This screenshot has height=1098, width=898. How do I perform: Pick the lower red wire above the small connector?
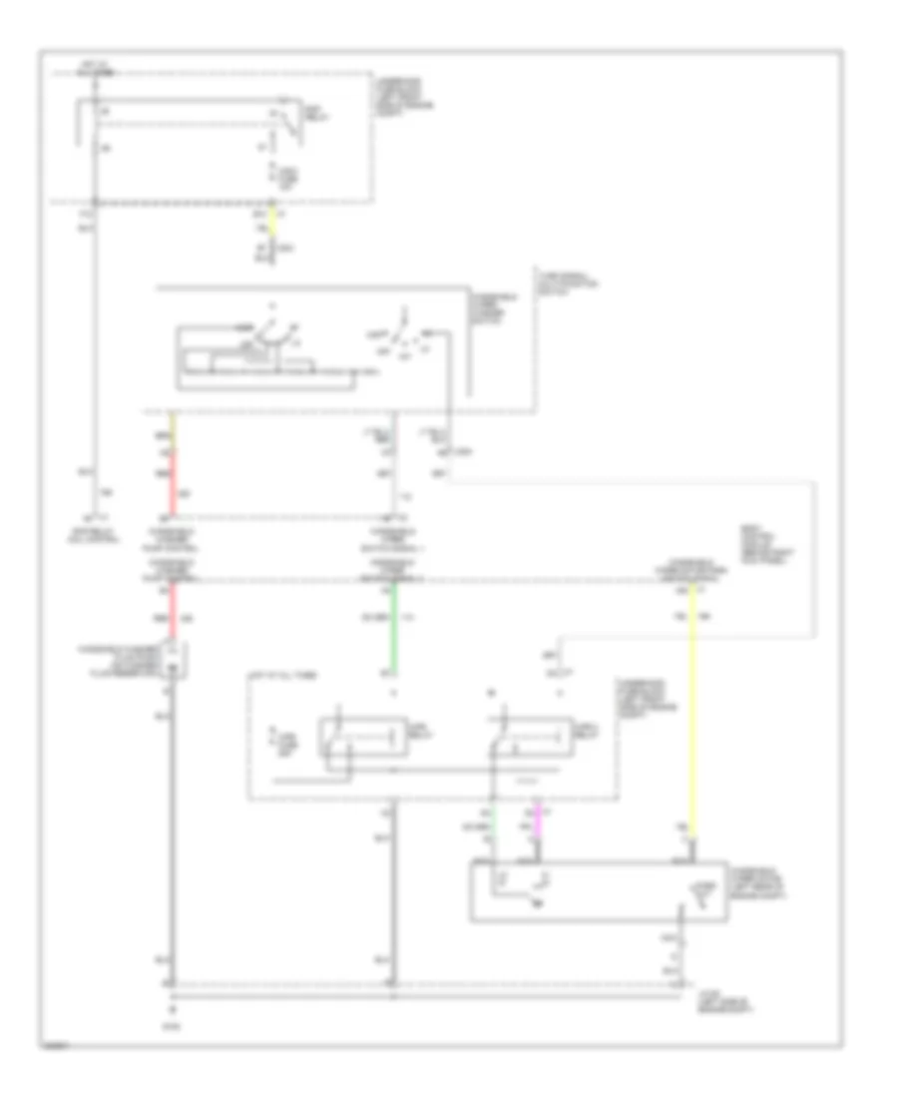173,611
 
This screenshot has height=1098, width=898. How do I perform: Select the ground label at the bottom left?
172,1022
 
